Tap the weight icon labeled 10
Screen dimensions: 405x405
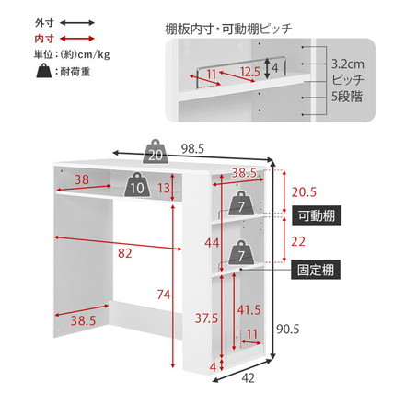click(137, 186)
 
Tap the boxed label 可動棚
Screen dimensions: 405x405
click(317, 217)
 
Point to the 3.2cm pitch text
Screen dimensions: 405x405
click(347, 65)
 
